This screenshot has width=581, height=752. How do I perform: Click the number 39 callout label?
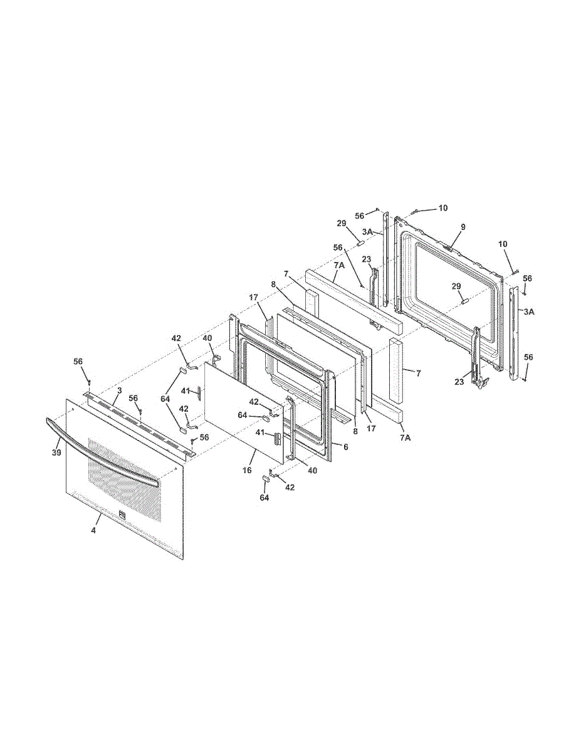(x=56, y=452)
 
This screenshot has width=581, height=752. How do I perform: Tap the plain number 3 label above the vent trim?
(x=119, y=390)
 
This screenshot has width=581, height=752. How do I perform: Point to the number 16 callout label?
(x=247, y=470)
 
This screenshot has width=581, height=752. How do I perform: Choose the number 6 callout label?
(x=345, y=447)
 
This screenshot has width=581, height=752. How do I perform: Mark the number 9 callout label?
(x=463, y=227)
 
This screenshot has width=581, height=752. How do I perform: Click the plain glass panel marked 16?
(x=244, y=412)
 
